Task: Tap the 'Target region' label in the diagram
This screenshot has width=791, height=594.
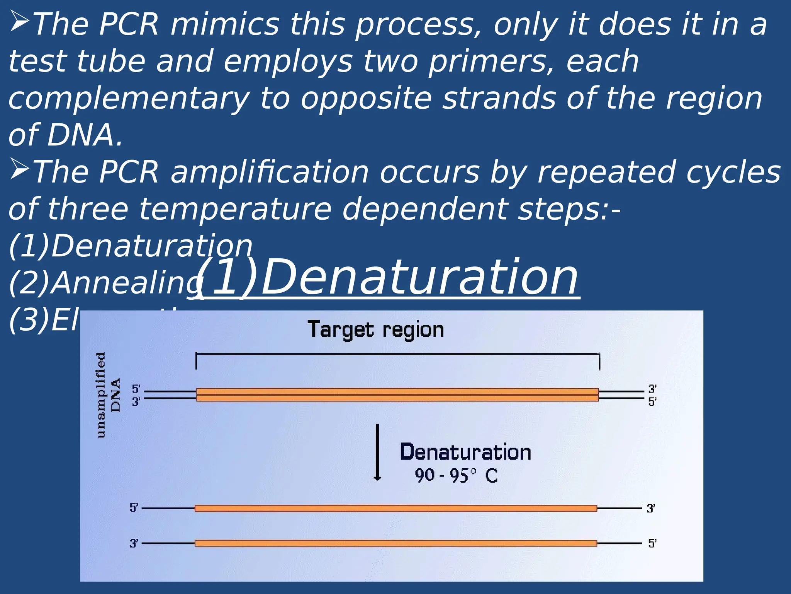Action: [375, 330]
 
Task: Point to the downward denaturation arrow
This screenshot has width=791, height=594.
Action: [377, 452]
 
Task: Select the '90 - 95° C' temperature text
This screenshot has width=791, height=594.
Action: [456, 476]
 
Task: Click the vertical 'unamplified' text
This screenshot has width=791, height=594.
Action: [100, 395]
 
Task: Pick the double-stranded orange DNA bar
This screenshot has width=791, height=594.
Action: [397, 395]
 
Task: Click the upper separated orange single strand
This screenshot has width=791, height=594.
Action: [396, 508]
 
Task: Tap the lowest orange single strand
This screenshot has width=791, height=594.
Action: [396, 543]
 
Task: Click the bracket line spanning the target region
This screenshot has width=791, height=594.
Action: [398, 354]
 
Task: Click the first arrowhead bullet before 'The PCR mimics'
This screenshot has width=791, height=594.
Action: [19, 22]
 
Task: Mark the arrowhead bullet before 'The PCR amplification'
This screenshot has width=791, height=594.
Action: [19, 169]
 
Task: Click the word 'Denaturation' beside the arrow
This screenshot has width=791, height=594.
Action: [465, 452]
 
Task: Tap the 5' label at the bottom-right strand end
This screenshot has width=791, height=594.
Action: [652, 543]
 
